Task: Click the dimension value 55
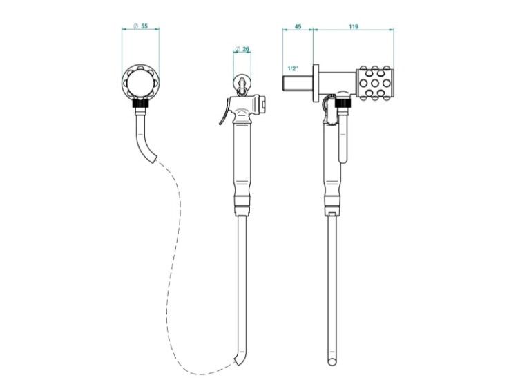[144, 26]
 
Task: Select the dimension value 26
[246, 49]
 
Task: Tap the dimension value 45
[298, 26]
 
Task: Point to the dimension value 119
[354, 26]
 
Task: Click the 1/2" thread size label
[293, 69]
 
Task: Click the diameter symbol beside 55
[135, 26]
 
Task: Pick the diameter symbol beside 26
[237, 50]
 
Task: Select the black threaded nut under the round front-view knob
[141, 103]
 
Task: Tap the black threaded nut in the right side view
[344, 104]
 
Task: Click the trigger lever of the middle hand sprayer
[224, 113]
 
